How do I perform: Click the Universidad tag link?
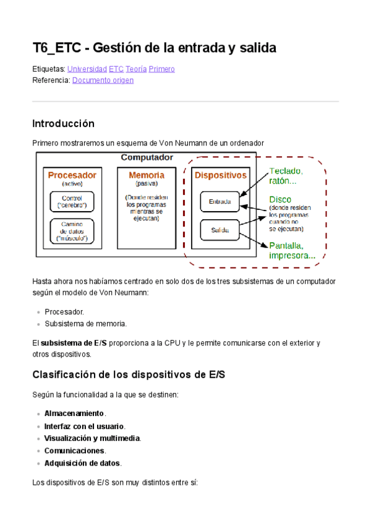[x=87, y=69]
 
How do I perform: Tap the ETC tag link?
[x=116, y=69]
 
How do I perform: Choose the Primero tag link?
[x=162, y=69]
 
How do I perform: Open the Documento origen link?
[x=103, y=80]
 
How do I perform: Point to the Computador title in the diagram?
[x=147, y=158]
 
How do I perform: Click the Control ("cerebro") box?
[x=72, y=202]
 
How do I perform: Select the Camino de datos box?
[x=72, y=230]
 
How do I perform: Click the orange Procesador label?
[x=72, y=175]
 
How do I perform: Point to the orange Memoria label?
[x=147, y=175]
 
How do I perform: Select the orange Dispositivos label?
[x=221, y=175]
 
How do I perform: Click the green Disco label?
[x=279, y=199]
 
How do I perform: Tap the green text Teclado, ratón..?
[x=285, y=176]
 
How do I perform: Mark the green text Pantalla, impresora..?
[x=291, y=250]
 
